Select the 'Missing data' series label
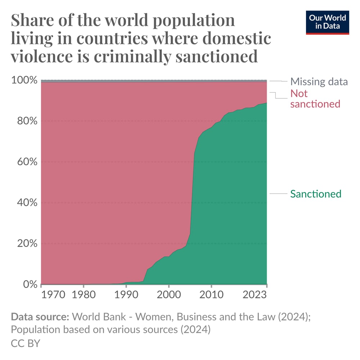click(x=319, y=81)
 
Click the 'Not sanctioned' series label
click(x=315, y=99)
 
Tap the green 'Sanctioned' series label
click(x=315, y=194)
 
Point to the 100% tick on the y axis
click(x=24, y=80)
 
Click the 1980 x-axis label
click(x=84, y=295)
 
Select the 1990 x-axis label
click(x=126, y=295)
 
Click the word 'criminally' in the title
click(x=132, y=57)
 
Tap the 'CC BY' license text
click(x=26, y=343)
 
